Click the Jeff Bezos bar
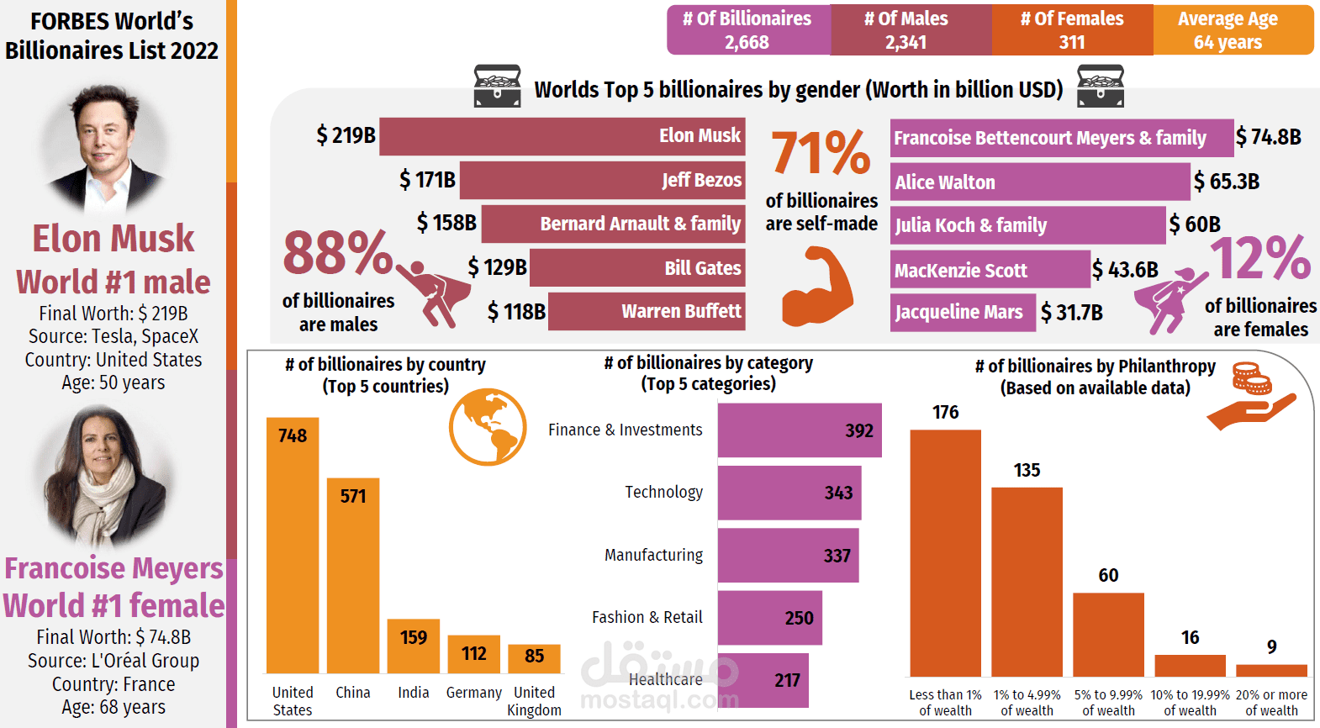click(602, 180)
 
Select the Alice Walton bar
click(1040, 182)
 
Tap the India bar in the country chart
click(413, 646)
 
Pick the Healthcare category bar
click(763, 680)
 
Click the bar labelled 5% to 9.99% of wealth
click(1108, 635)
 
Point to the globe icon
click(488, 426)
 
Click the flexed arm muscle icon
click(817, 287)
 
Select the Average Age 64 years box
click(1233, 30)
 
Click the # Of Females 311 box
click(1073, 30)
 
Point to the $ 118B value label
click(516, 312)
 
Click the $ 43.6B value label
click(1125, 270)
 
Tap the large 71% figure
click(821, 152)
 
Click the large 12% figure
click(1260, 258)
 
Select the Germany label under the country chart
click(474, 693)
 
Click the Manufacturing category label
click(653, 555)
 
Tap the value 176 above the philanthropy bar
click(945, 412)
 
